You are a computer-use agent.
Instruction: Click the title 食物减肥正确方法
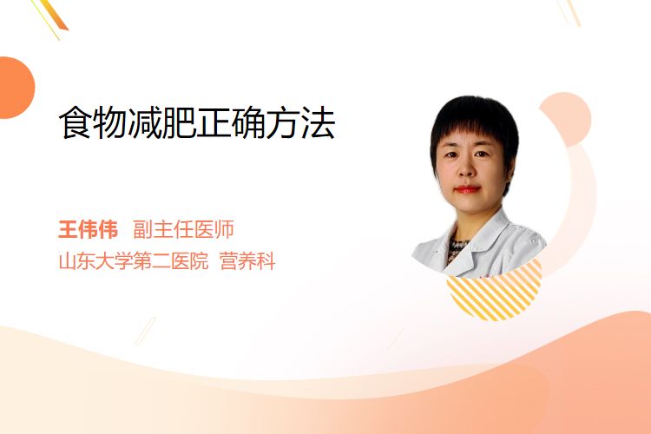[x=197, y=122]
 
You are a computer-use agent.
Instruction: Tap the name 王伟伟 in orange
[x=88, y=229]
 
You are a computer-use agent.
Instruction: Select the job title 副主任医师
[x=183, y=229]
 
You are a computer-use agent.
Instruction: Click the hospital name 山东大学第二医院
[x=134, y=261]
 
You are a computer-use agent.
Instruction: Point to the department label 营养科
[x=247, y=261]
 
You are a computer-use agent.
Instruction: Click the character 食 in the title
[x=76, y=122]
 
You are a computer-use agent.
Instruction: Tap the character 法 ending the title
[x=319, y=122]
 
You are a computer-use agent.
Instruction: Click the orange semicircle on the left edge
[x=16, y=88]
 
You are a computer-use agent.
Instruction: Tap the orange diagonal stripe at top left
[x=56, y=15]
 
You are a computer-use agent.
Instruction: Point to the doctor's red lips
[x=467, y=189]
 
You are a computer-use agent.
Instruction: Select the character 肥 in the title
[x=179, y=122]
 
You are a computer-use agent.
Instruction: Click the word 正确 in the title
[x=232, y=122]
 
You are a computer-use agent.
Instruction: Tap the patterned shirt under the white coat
[x=456, y=249]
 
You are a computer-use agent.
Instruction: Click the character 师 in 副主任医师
[x=225, y=229]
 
